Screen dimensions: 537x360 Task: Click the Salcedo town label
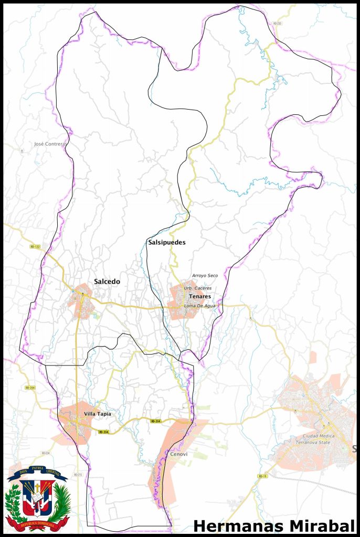coord(107,282)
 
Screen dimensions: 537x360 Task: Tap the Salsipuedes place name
coord(166,243)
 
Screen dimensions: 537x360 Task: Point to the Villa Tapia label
coord(98,414)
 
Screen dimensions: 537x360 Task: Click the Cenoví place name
coord(178,454)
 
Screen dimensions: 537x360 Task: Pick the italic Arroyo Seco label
coord(205,276)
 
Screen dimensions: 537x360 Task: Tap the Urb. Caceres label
coord(197,288)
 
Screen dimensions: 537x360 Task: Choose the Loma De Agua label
coord(199,306)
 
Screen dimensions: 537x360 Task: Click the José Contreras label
coord(50,144)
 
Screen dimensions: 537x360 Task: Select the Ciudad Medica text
coord(317,436)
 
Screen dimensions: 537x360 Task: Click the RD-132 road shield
coord(35,246)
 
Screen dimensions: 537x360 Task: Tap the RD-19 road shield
coord(262,476)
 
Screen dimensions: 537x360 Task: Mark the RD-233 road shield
coord(277,24)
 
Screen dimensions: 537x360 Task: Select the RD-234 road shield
coord(45,453)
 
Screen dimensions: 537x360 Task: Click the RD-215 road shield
coord(78,475)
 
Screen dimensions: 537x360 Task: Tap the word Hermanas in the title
coord(236,526)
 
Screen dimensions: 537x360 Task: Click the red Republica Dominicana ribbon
coord(37,524)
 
